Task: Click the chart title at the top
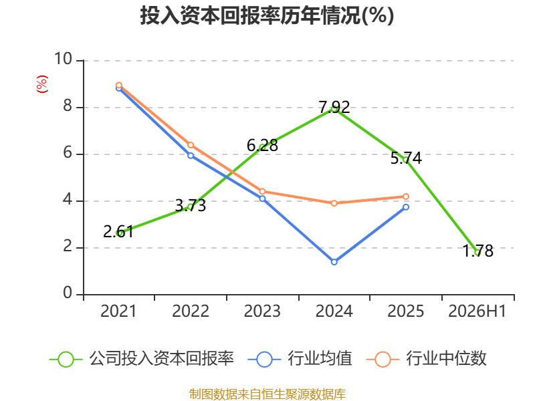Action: tap(267, 15)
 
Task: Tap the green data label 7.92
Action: tap(334, 107)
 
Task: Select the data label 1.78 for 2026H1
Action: tap(477, 251)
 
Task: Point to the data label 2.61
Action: tap(118, 232)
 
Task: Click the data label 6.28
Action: tap(262, 146)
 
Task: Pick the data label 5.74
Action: tap(406, 158)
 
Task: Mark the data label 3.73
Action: tap(191, 205)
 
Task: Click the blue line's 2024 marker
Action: tap(334, 262)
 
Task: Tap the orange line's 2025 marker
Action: tap(406, 196)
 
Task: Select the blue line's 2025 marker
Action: tap(406, 207)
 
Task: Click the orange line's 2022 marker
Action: tap(191, 145)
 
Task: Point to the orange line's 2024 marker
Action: tap(334, 203)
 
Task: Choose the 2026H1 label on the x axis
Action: tap(477, 311)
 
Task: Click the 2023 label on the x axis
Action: tap(262, 311)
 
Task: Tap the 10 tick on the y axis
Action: tap(64, 59)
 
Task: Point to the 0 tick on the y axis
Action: tap(68, 293)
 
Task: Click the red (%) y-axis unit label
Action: tap(42, 84)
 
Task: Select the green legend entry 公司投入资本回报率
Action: tap(142, 359)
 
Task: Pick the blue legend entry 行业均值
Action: tap(300, 359)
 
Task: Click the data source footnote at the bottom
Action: tap(267, 394)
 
